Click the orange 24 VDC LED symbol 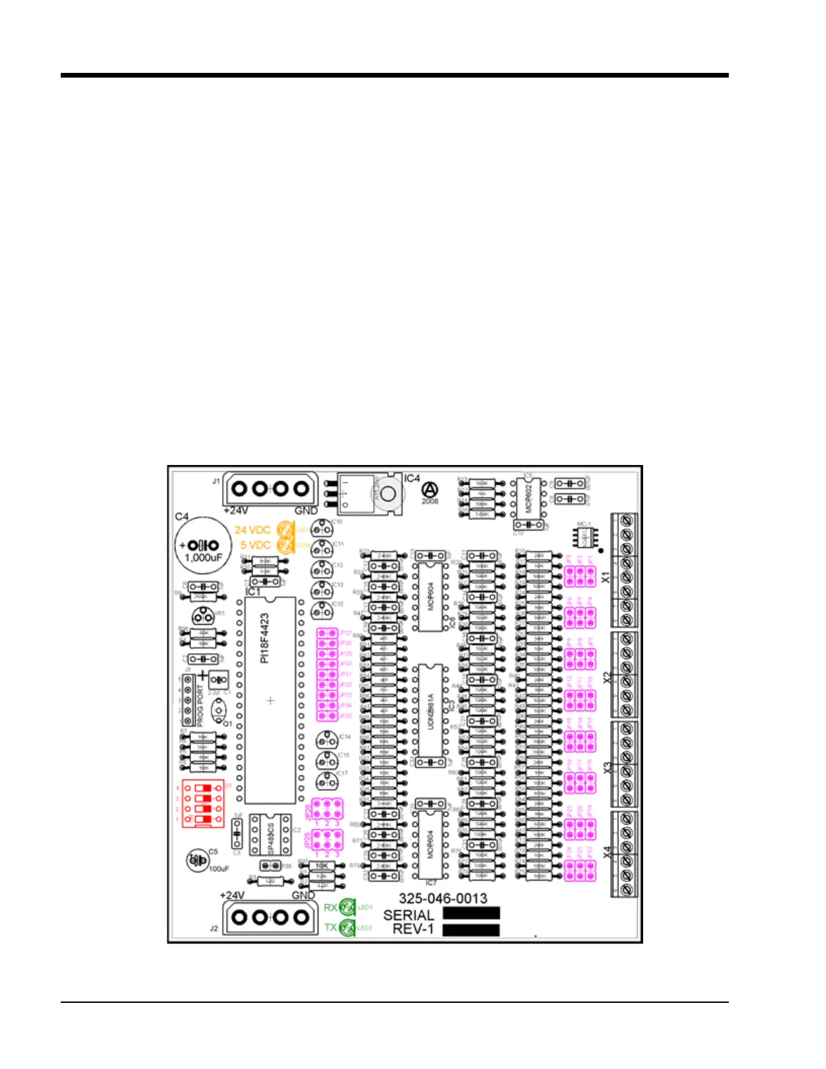[x=285, y=530]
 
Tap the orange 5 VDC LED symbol [x=285, y=545]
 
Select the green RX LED [x=348, y=907]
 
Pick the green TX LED [x=348, y=927]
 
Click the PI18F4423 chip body [x=270, y=700]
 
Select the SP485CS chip [x=271, y=836]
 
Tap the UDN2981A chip [x=430, y=711]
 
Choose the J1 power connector [x=270, y=489]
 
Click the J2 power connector [x=270, y=917]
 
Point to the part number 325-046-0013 [x=443, y=898]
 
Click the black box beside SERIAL [x=471, y=913]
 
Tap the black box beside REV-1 [x=471, y=929]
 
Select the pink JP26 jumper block [x=327, y=808]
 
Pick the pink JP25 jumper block [x=327, y=840]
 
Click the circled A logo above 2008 [x=430, y=489]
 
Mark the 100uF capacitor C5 [x=196, y=860]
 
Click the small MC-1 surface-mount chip [x=584, y=537]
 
